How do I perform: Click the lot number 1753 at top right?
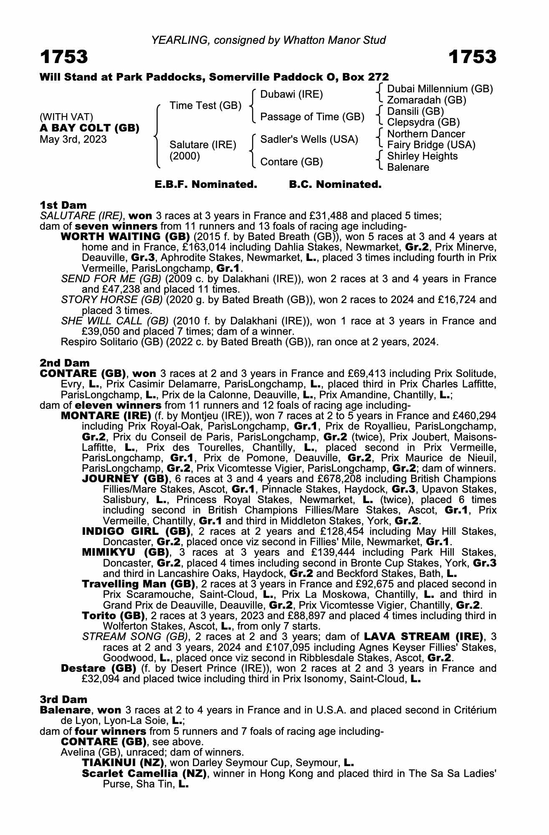pos(473,57)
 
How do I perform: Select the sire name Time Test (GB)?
pos(205,106)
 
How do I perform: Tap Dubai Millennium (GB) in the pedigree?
pos(440,89)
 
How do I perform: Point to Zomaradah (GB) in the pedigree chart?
pos(427,100)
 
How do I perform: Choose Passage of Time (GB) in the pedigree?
pos(312,117)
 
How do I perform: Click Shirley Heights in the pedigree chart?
pos(423,156)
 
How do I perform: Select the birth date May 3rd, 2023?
pos(73,139)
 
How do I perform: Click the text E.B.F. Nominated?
pos(206,185)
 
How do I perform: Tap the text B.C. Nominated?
pos(335,185)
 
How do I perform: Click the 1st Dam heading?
pos(63,205)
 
